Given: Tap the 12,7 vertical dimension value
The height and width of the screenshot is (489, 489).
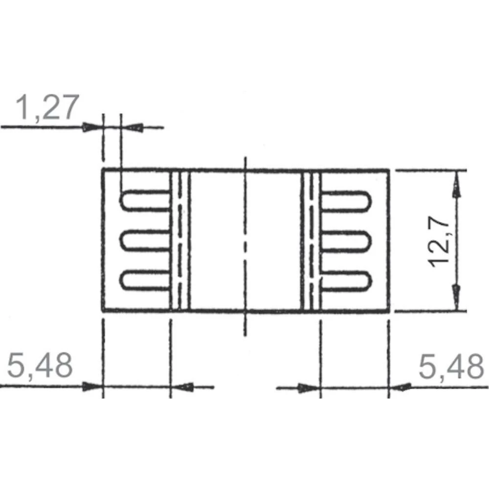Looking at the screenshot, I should click(x=442, y=242).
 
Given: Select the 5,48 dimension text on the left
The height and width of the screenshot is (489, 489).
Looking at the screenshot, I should click(x=40, y=366).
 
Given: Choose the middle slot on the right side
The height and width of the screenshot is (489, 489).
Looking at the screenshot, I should click(x=345, y=241).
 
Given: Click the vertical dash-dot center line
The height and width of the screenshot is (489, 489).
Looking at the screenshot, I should click(x=245, y=244).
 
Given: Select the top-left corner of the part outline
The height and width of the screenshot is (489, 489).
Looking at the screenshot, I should click(x=102, y=170).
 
